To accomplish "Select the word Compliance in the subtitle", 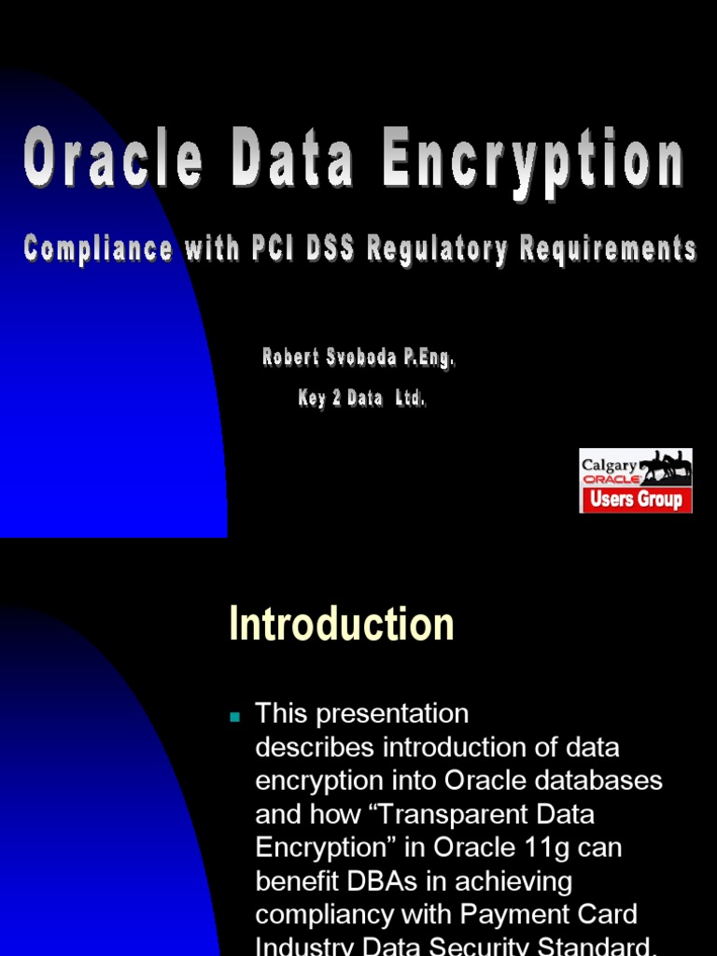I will pyautogui.click(x=98, y=248).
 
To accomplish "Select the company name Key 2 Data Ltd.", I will pyautogui.click(x=362, y=399).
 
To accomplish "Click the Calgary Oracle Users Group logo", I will pyautogui.click(x=636, y=480).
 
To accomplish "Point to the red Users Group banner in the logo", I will pyautogui.click(x=636, y=499).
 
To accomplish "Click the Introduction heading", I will pyautogui.click(x=342, y=624).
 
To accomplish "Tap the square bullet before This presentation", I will pyautogui.click(x=235, y=717).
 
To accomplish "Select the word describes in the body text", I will pyautogui.click(x=315, y=748).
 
